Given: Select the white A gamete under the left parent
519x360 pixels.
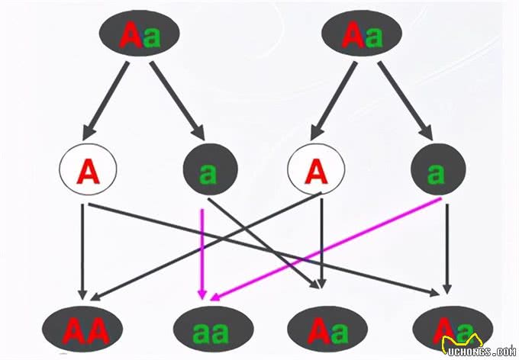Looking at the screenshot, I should pyautogui.click(x=88, y=174).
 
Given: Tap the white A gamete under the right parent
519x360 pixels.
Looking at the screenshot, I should pyautogui.click(x=316, y=174).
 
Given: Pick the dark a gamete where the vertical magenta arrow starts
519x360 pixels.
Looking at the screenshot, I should pyautogui.click(x=208, y=174).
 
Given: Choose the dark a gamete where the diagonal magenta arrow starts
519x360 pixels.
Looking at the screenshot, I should pyautogui.click(x=436, y=174).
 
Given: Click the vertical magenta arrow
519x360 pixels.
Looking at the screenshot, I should pyautogui.click(x=202, y=252).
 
